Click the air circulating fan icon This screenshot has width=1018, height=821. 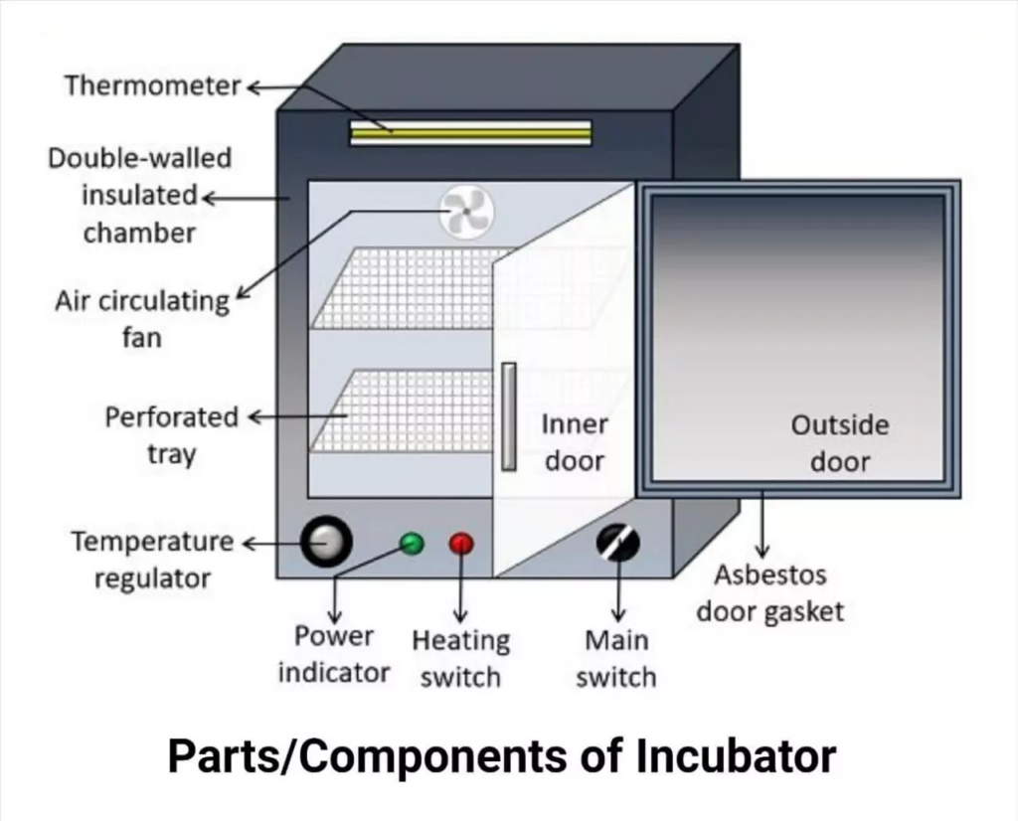point(466,213)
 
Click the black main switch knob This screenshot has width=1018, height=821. point(617,543)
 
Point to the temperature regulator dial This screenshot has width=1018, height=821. point(327,543)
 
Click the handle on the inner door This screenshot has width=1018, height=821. point(509,415)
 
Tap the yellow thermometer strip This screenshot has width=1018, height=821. point(470,132)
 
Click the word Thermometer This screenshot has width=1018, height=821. point(153,86)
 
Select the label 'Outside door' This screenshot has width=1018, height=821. point(840,443)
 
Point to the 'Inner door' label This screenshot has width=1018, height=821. point(575,443)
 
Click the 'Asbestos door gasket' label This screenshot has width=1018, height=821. point(769,592)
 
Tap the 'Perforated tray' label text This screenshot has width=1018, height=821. point(172,435)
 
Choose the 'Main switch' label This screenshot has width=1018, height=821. point(616,658)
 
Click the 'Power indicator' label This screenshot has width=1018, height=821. point(334,654)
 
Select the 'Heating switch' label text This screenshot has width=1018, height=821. point(460,658)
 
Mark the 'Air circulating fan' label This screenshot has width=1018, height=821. point(142,319)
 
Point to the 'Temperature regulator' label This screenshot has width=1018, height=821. point(152,560)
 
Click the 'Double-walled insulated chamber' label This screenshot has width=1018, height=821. point(139,196)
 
